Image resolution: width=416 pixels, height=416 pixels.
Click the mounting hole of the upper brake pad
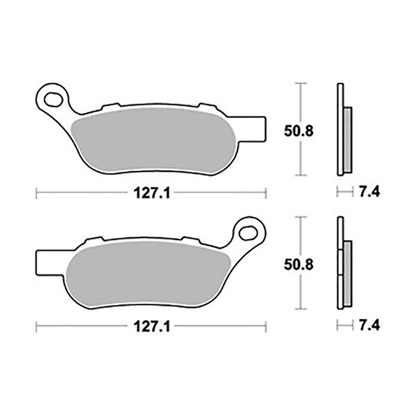53,99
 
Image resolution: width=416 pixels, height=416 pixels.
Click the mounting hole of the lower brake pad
248,233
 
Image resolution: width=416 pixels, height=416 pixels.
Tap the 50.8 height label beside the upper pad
299,131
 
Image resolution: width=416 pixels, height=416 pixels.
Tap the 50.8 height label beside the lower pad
299,265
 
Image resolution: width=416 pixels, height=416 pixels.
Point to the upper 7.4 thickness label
369,191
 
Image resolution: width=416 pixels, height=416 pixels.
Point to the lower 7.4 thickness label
369,325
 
